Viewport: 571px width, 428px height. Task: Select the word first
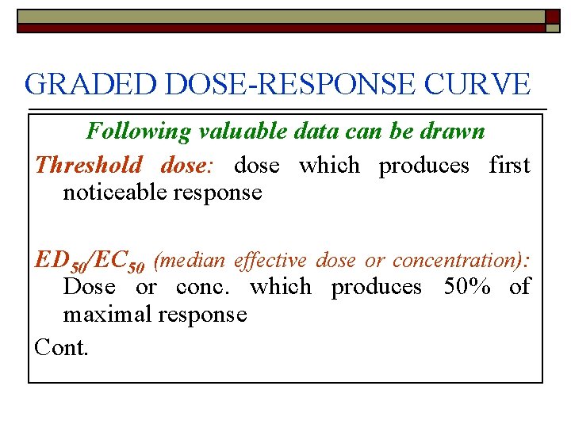click(x=509, y=166)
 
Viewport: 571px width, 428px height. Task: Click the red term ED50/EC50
click(x=90, y=261)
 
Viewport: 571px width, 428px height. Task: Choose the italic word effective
click(x=270, y=260)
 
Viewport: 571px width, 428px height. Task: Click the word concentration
click(x=454, y=260)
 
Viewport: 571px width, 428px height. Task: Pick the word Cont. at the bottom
click(x=62, y=346)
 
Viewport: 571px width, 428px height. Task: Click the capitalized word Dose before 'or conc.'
click(x=90, y=287)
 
